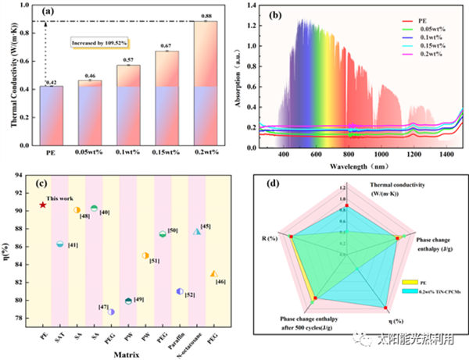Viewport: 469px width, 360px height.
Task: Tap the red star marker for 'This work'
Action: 43,205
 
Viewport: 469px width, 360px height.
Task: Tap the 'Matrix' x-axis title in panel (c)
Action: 128,351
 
